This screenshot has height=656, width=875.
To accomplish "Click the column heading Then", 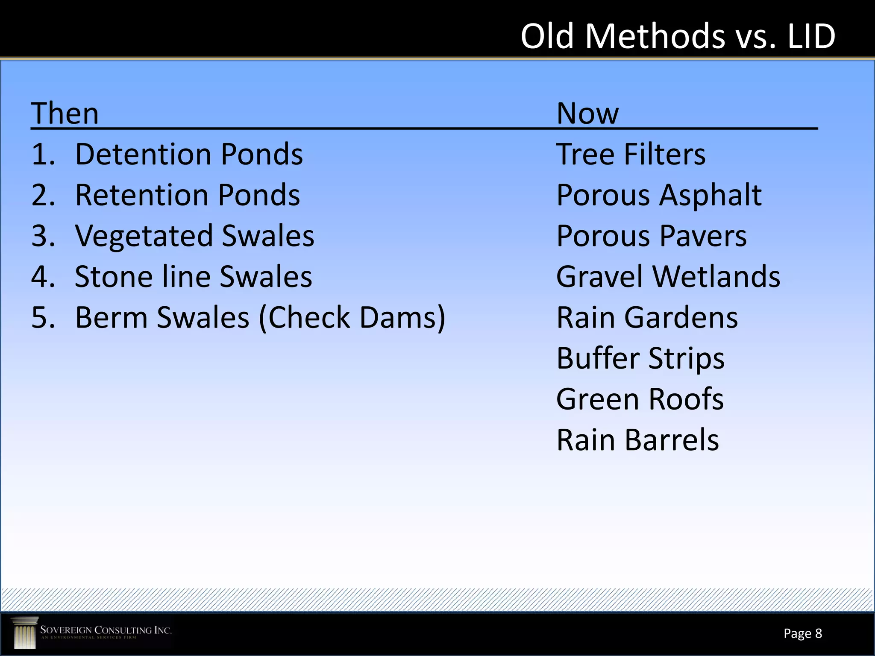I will click(65, 114).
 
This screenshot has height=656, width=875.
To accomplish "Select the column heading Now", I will click(587, 114).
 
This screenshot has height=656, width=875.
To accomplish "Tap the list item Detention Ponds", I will click(189, 154).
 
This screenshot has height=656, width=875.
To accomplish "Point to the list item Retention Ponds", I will click(188, 195).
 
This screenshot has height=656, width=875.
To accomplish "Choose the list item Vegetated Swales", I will click(194, 236).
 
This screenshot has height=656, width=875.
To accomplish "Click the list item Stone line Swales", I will click(193, 277).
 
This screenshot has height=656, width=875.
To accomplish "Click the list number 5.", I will click(43, 318).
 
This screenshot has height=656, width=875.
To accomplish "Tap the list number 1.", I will click(43, 154).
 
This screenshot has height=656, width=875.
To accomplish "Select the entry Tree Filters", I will click(631, 154).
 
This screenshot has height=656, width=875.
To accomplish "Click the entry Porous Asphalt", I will click(659, 195).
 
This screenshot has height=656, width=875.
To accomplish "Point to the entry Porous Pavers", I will click(652, 236).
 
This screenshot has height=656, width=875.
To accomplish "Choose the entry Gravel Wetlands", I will click(668, 277).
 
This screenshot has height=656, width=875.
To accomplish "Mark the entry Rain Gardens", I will click(647, 318).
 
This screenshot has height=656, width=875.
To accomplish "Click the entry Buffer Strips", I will click(640, 358).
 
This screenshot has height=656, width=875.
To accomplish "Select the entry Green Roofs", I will click(640, 399).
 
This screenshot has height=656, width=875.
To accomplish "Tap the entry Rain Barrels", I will click(638, 440).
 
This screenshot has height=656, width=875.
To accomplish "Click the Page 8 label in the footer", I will click(802, 633).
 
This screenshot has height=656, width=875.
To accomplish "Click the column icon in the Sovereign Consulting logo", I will click(25, 633).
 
